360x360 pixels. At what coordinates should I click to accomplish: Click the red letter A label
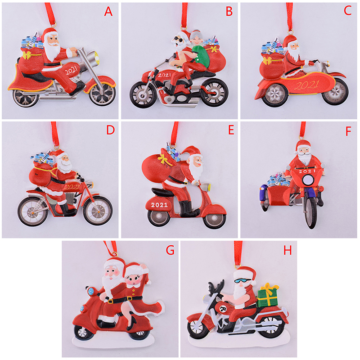pos(108,11)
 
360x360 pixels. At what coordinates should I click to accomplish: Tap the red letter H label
pos(288,250)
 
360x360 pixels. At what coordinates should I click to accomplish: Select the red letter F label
pos(348,131)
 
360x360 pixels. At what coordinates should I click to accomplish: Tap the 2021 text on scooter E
pos(159,205)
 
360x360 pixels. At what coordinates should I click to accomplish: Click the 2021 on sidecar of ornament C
pos(307,85)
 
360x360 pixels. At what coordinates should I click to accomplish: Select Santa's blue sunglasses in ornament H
pos(242,280)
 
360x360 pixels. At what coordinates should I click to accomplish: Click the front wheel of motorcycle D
pos(98,210)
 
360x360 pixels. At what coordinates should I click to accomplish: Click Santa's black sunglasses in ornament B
pos(178,40)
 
